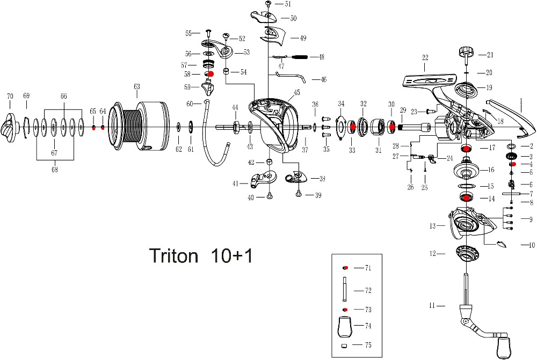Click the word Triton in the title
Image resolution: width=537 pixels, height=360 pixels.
(x=173, y=256)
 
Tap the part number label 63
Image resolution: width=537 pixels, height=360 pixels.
(x=136, y=86)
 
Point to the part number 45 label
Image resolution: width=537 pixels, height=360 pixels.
(x=296, y=92)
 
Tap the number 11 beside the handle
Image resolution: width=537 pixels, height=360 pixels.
(x=432, y=306)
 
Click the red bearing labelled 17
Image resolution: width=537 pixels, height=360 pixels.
(x=466, y=148)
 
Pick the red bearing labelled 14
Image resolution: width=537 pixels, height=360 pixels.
(x=466, y=198)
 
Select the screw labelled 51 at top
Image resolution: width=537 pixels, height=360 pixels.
(x=267, y=4)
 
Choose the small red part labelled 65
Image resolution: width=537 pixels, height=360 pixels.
(x=93, y=127)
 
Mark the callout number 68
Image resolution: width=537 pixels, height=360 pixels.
(x=54, y=169)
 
